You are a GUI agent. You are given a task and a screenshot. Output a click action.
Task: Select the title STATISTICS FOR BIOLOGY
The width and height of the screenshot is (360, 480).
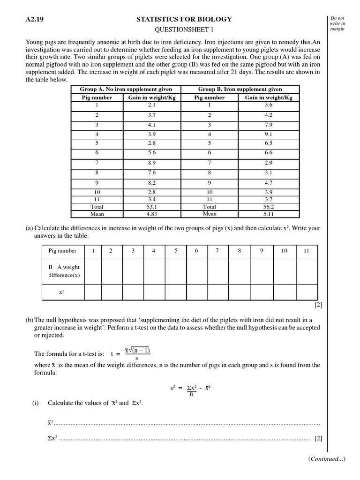click(184, 19)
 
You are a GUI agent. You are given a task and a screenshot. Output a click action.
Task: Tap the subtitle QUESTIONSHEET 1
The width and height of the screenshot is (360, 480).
click(184, 29)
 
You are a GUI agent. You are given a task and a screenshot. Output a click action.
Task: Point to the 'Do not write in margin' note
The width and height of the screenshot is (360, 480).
click(340, 24)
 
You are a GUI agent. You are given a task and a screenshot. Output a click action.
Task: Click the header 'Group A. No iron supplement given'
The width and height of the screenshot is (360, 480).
click(126, 89)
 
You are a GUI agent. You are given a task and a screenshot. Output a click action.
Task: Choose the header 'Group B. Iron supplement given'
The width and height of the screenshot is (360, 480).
click(240, 89)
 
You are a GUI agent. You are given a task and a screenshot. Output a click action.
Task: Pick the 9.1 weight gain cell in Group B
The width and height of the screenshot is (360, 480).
click(269, 134)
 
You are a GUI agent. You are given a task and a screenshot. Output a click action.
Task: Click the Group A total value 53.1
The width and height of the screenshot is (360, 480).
click(151, 207)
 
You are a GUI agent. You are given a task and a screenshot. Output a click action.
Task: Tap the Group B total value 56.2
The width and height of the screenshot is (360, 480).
click(269, 207)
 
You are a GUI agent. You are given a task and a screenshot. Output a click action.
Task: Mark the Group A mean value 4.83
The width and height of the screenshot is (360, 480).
click(151, 214)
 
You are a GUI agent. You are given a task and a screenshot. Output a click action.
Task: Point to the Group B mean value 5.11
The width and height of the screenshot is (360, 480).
click(269, 214)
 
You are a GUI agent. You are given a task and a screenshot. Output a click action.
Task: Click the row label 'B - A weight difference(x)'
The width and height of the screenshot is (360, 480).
click(63, 271)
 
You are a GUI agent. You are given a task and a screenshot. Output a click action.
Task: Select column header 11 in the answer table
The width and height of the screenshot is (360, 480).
click(306, 251)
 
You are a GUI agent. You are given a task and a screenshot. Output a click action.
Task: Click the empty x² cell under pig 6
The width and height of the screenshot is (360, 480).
click(196, 292)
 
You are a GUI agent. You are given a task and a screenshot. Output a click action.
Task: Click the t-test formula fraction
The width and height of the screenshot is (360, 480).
click(137, 354)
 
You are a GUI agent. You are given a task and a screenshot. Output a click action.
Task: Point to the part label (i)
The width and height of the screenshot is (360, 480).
click(35, 403)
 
